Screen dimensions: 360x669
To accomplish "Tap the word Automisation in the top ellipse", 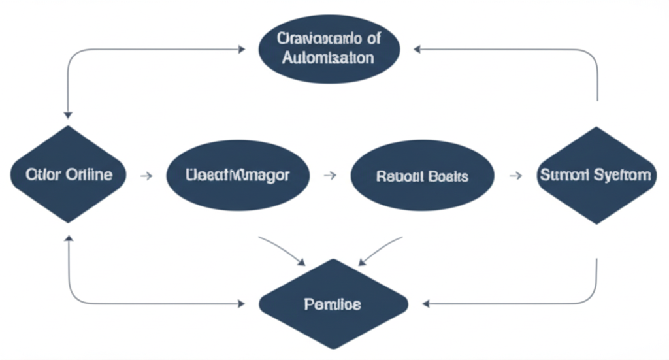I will click(x=329, y=57).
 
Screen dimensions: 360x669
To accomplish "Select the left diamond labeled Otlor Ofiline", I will click(x=68, y=175).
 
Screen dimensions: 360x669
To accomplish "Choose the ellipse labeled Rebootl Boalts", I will click(x=422, y=176).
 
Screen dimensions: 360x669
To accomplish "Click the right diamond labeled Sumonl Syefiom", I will click(x=596, y=175).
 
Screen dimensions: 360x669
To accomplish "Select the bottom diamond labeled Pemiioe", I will click(x=333, y=304).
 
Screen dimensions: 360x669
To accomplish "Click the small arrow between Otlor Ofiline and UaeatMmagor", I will click(x=147, y=175).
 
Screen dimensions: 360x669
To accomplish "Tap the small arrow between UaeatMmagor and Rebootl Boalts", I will click(x=331, y=175).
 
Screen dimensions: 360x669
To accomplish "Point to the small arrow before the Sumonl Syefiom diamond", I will click(x=515, y=175).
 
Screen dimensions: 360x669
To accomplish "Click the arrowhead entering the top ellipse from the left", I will click(x=241, y=49).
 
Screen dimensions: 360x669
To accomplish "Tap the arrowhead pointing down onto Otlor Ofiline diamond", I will click(x=68, y=114).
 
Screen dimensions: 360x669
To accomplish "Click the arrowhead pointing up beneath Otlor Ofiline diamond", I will click(x=68, y=238).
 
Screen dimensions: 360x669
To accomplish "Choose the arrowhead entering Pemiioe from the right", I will click(x=425, y=303).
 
